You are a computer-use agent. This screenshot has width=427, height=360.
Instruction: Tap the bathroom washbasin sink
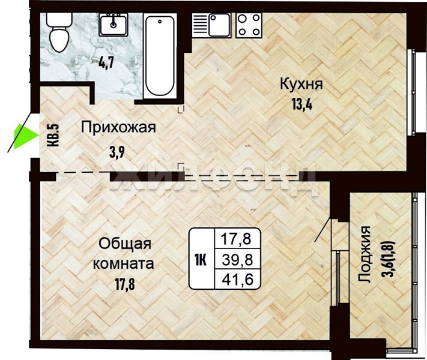tap(113, 25)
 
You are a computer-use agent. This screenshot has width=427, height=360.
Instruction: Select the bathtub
tap(159, 56)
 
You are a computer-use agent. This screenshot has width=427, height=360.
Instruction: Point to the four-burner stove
tap(249, 25)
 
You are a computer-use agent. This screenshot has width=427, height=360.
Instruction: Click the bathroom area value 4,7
tap(106, 64)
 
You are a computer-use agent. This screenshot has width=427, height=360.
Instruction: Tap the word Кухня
tap(301, 85)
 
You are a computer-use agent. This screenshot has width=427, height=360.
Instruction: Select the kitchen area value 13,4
tap(302, 104)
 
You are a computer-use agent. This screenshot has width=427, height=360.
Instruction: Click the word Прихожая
tap(118, 127)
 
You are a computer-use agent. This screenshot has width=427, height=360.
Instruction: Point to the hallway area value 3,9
tap(117, 152)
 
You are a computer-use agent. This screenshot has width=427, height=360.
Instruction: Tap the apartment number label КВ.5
tap(53, 135)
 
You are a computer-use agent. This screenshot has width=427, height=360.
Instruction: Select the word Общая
tap(125, 244)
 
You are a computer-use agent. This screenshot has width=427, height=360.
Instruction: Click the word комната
tap(123, 263)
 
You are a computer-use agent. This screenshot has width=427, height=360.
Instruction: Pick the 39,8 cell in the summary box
tap(238, 260)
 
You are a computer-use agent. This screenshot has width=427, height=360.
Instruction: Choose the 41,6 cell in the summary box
tap(238, 279)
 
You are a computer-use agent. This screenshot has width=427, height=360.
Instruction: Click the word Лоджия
tap(365, 254)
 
